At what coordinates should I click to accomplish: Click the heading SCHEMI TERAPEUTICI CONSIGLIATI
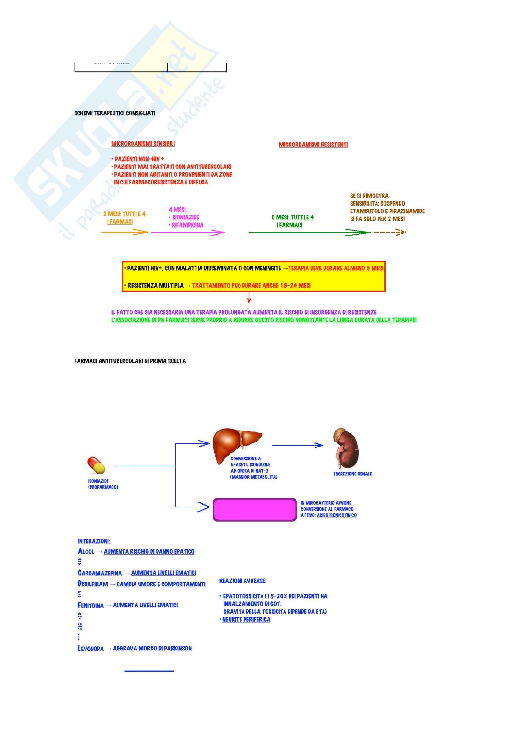[x=115, y=113]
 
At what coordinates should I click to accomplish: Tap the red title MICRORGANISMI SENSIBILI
[x=143, y=144]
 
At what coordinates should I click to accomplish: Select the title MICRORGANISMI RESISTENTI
[x=313, y=145]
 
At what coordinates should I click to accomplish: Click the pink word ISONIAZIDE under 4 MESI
[x=186, y=217]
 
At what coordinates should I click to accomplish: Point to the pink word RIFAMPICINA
[x=187, y=225]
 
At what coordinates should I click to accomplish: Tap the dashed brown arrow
[x=389, y=232]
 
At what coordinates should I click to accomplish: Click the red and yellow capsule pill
[x=96, y=465]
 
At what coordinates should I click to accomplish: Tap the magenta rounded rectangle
[x=255, y=510]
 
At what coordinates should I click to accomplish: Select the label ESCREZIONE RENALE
[x=352, y=474]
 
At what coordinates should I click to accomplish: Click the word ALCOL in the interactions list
[x=86, y=551]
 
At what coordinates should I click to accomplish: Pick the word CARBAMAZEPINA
[x=100, y=573]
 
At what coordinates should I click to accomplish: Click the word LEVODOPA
[x=91, y=649]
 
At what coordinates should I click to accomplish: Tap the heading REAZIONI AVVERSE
[x=243, y=581]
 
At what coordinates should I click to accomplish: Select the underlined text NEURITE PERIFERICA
[x=246, y=619]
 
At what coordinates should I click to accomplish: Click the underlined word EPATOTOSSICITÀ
[x=243, y=596]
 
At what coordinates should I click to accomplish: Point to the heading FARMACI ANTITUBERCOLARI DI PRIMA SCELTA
[x=130, y=361]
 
